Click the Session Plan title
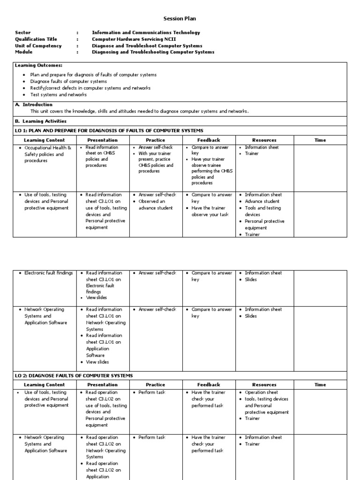point(180,19)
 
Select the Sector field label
point(23,33)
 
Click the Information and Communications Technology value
point(146,33)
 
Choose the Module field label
point(24,52)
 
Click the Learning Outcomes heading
point(38,66)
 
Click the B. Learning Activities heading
point(41,121)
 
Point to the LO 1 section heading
point(109,130)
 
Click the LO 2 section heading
point(74,375)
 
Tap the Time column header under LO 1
point(320,140)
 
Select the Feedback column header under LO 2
point(209,385)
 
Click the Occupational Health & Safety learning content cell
point(47,154)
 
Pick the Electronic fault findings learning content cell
point(48,273)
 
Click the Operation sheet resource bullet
point(261,392)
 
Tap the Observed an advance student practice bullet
point(155,204)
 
